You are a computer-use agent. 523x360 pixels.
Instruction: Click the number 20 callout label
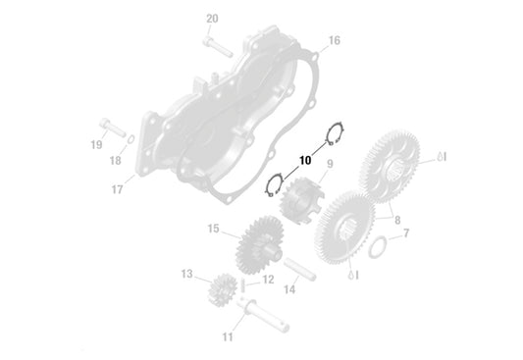tap(213, 18)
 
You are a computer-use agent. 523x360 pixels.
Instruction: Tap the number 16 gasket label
tap(334, 40)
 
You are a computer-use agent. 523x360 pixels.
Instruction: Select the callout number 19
tap(97, 145)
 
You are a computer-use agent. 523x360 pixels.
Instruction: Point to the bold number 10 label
tap(305, 158)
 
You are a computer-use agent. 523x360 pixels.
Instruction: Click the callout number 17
tap(117, 189)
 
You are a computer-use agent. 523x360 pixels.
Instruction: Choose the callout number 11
tap(228, 337)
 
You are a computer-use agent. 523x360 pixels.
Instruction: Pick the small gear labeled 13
tap(225, 291)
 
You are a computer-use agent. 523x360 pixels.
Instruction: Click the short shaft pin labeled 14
tap(298, 269)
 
